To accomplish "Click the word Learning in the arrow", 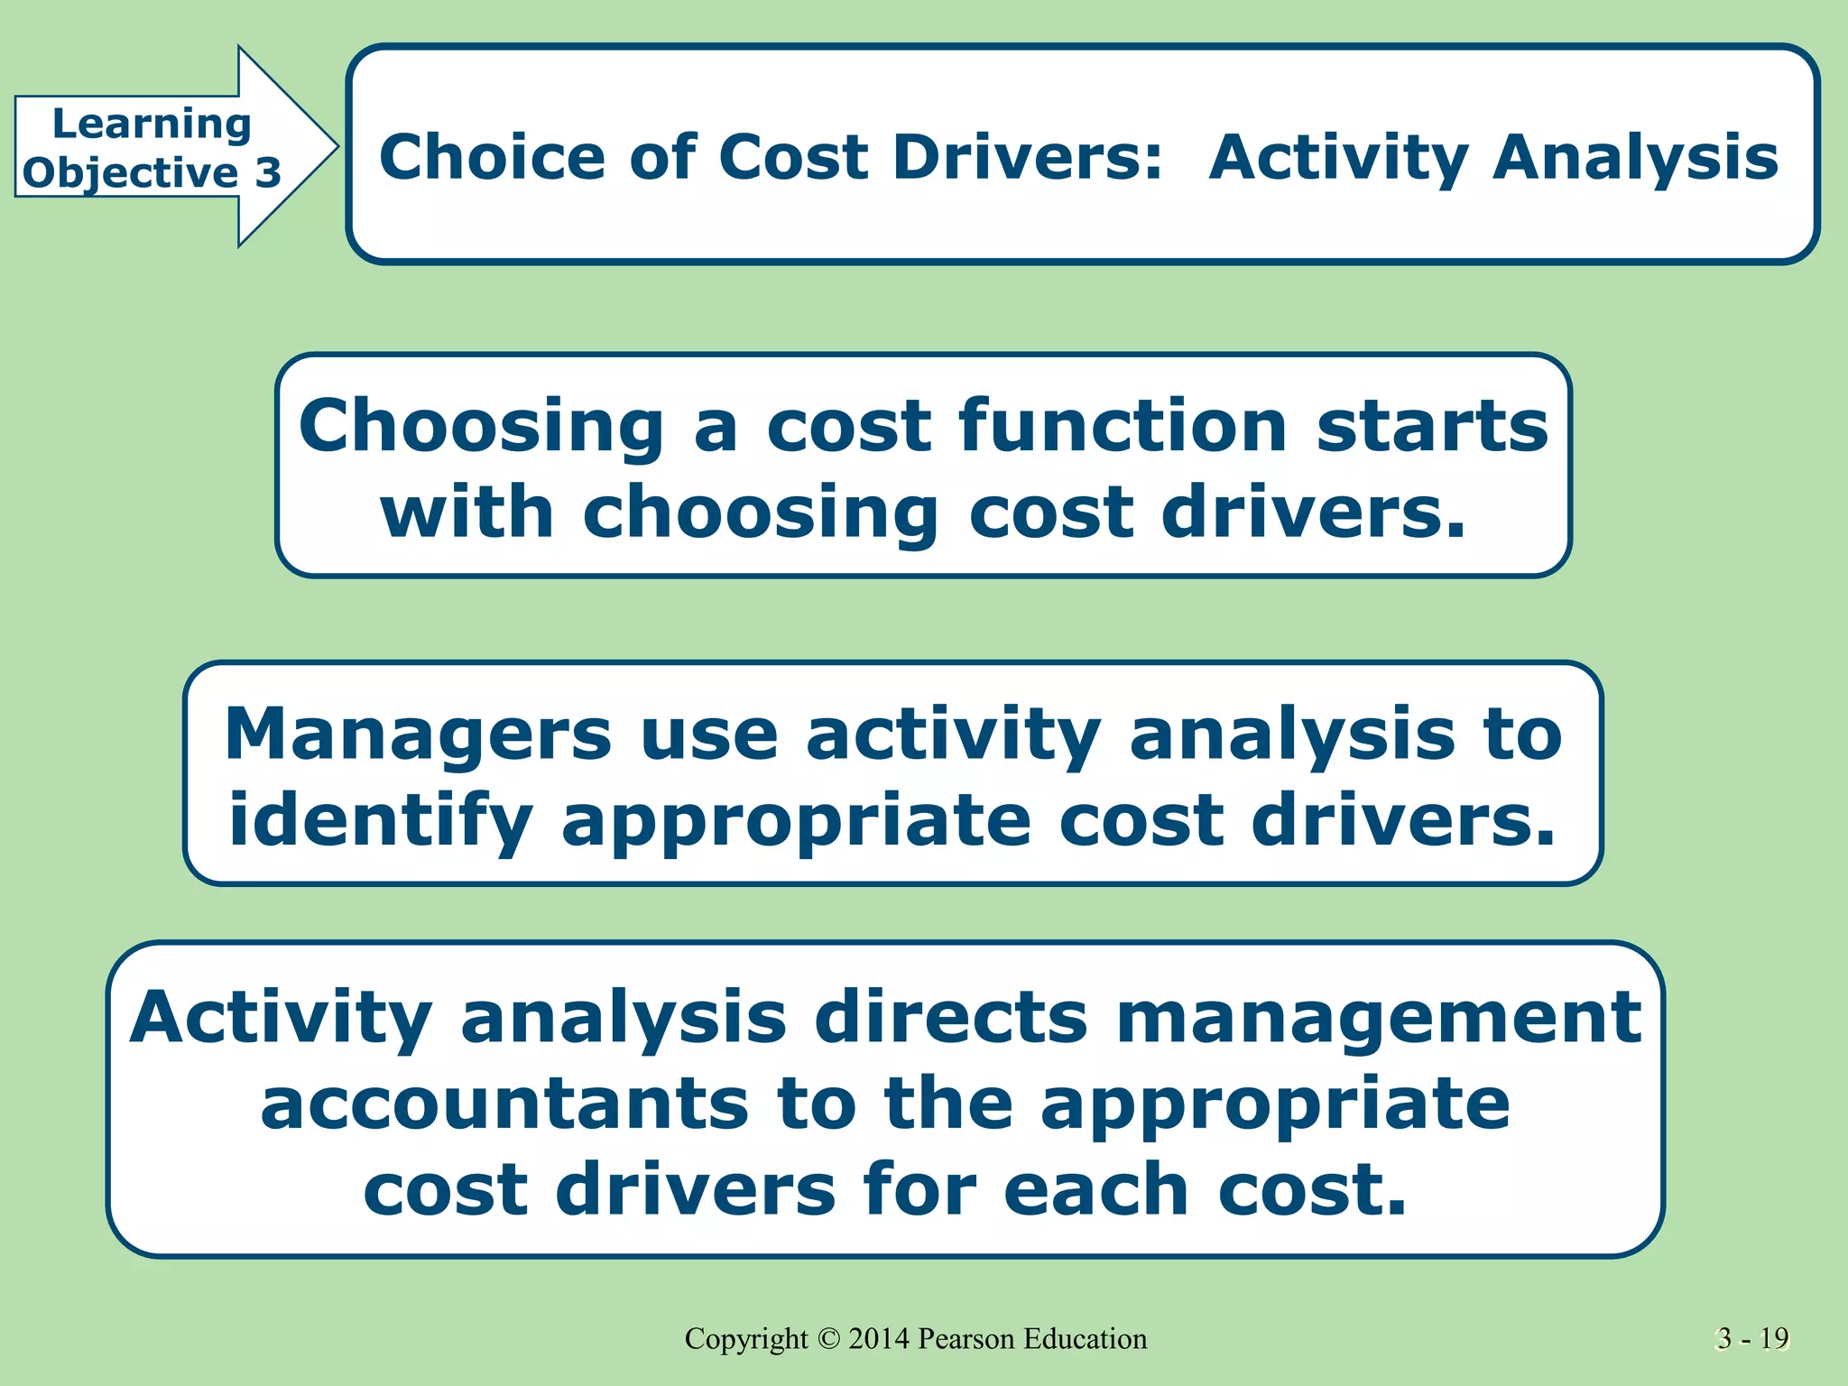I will point(152,125).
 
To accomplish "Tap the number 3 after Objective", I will point(267,172).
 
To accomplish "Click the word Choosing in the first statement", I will point(482,428).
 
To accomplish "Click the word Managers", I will point(418,734).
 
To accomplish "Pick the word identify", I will point(380,821).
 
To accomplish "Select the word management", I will point(1379,1019).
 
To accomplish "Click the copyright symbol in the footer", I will point(828,1339).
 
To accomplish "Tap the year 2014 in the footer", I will point(878,1339).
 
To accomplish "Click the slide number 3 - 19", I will point(1752,1339).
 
